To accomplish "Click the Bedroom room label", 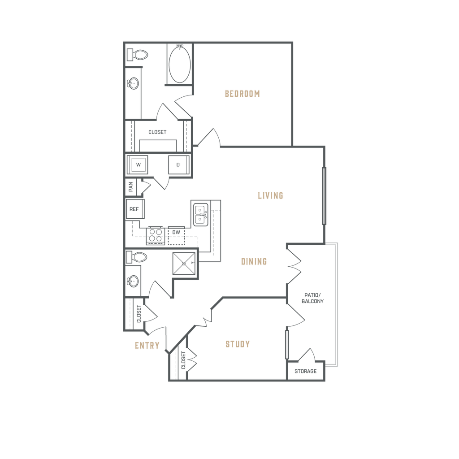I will (x=242, y=94).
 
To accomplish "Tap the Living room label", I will (x=271, y=195).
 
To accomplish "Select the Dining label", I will (x=254, y=261).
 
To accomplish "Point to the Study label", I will (x=237, y=345).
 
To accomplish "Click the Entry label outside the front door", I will (x=147, y=346).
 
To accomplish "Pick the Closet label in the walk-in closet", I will (x=157, y=133).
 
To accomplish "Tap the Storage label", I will (x=306, y=371).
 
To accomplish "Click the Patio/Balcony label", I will (x=312, y=298).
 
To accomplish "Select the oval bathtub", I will (x=180, y=63).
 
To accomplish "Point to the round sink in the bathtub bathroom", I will (x=134, y=83).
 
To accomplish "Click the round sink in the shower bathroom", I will (x=133, y=281).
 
